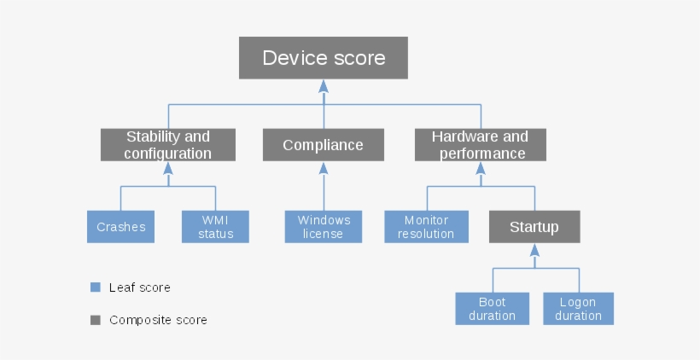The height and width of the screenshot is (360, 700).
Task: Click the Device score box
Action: point(324,58)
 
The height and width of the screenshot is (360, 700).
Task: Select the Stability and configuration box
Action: point(167,145)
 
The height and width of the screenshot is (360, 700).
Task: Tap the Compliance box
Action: point(323,145)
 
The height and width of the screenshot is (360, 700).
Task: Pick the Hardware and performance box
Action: point(480,145)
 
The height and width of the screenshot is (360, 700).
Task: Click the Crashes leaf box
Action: point(120,227)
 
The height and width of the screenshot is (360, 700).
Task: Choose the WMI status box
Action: point(215,227)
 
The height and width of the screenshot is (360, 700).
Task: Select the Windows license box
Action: point(324,227)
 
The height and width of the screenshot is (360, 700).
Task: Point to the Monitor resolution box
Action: point(426,227)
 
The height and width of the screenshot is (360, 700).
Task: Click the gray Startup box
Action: point(534,227)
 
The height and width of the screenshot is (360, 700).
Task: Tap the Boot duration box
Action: point(492,309)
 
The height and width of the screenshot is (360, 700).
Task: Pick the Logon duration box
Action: point(578,309)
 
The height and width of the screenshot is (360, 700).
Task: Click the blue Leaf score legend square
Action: point(96,287)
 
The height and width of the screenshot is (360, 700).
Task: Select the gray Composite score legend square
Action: point(96,320)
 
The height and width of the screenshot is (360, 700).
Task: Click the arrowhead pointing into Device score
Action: point(324,85)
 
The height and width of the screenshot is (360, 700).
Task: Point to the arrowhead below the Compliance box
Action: point(324,168)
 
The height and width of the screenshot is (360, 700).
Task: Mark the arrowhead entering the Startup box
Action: point(534,250)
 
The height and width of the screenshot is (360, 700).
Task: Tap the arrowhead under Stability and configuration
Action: point(167,168)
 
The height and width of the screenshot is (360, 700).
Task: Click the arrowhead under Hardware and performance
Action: point(480,168)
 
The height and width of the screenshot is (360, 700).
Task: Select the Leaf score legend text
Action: point(139,287)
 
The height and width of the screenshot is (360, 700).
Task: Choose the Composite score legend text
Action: point(158,320)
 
